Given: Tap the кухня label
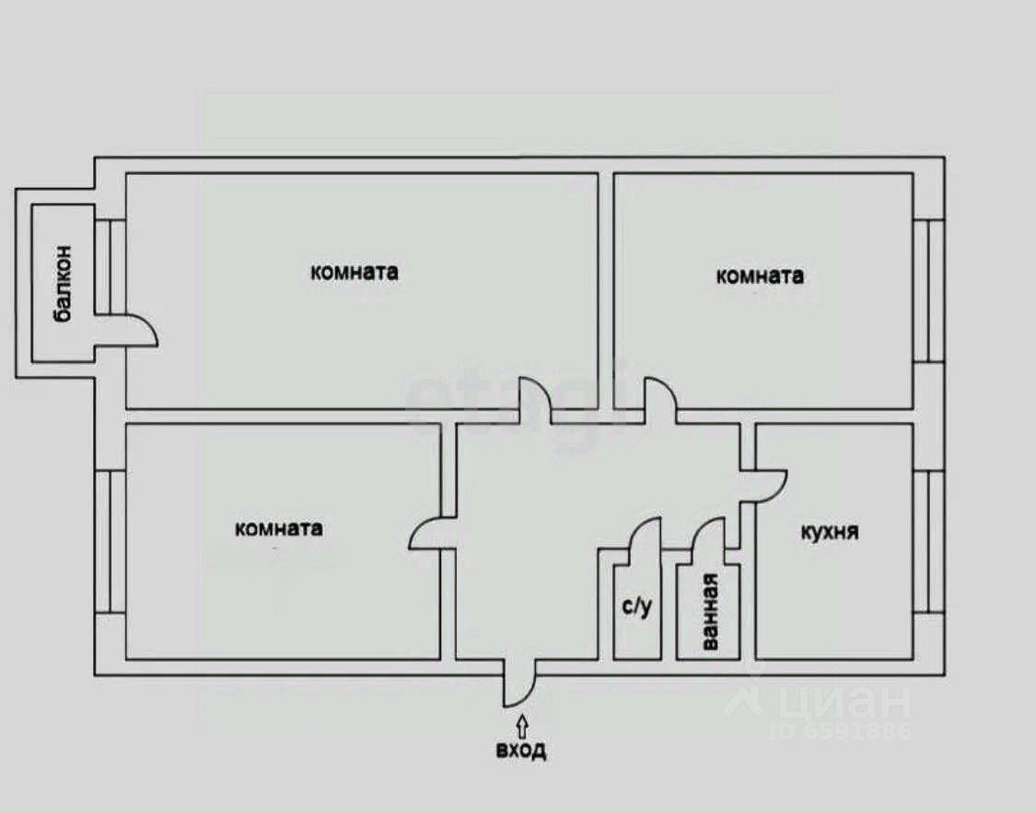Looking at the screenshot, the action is [x=830, y=532].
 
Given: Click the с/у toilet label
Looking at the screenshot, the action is [x=636, y=607].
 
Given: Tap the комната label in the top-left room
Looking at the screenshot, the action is [x=355, y=272].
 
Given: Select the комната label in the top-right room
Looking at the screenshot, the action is [x=760, y=275].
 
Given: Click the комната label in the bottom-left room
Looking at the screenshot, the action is [x=279, y=528].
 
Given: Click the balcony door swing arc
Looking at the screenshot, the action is [x=138, y=331].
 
